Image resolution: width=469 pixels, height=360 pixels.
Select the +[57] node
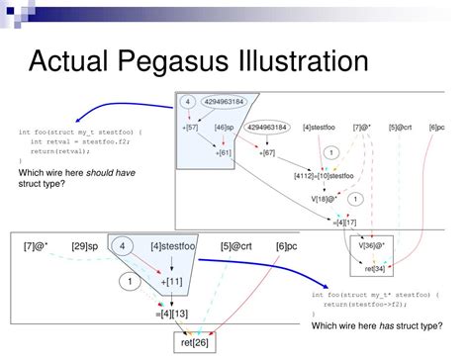(192, 128)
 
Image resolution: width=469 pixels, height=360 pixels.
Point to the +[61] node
(225, 154)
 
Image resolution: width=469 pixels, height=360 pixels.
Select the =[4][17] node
(345, 223)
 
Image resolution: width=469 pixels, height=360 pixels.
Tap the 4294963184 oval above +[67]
(269, 128)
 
